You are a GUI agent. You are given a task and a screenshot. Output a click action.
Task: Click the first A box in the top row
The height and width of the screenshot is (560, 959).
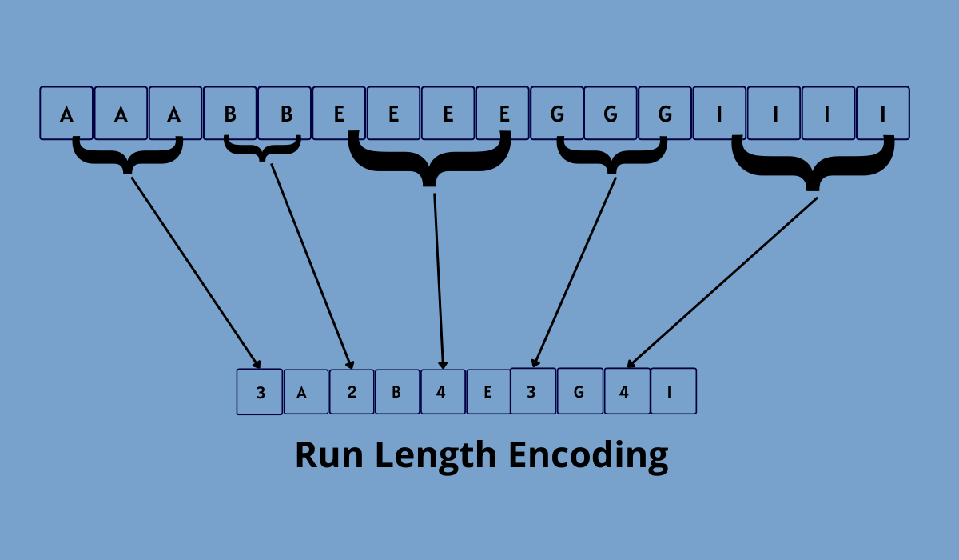(x=66, y=114)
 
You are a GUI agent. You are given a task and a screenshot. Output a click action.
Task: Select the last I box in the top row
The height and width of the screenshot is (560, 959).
(x=883, y=114)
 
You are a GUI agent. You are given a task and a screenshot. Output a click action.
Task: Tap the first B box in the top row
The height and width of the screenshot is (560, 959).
(x=230, y=114)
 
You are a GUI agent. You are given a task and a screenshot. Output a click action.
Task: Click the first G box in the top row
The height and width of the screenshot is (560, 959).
(x=557, y=114)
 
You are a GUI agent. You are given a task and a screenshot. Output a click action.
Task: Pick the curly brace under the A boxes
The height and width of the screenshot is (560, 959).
(x=127, y=155)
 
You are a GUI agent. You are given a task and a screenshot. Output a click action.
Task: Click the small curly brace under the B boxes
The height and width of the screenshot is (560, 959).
(x=262, y=149)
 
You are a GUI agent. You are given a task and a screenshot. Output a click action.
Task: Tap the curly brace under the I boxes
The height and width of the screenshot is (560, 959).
(x=813, y=164)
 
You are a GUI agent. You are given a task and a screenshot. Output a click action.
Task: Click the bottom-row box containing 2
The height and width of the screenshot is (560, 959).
(x=352, y=392)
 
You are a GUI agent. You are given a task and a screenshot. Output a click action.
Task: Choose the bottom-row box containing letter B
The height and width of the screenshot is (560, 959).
(x=397, y=392)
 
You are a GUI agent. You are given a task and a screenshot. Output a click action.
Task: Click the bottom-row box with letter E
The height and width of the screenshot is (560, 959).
(x=488, y=392)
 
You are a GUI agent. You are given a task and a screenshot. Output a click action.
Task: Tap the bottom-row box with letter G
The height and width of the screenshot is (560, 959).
(x=579, y=392)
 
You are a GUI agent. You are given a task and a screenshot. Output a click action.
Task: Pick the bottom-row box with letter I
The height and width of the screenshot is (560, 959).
(x=673, y=392)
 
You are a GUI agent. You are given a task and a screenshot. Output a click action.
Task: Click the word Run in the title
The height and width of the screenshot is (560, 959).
(x=328, y=454)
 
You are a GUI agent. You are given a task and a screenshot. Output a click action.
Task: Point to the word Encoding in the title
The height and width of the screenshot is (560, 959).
(x=588, y=454)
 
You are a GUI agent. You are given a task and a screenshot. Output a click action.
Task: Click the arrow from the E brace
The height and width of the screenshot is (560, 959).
(x=439, y=280)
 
